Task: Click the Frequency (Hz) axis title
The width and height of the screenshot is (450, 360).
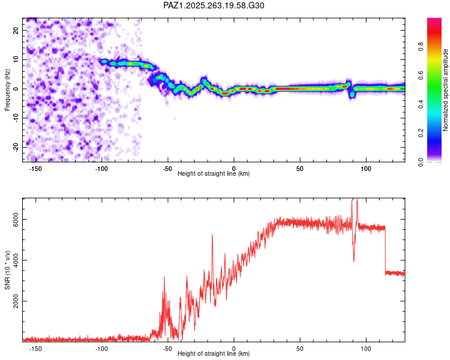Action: click(x=7, y=90)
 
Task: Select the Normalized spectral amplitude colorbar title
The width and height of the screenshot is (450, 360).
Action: click(x=446, y=90)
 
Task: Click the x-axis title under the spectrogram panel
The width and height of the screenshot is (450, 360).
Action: click(x=214, y=174)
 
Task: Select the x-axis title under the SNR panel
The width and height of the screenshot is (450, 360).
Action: click(x=214, y=354)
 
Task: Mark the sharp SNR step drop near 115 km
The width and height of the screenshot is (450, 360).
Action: click(x=385, y=249)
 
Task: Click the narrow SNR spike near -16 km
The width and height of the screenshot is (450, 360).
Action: click(x=212, y=236)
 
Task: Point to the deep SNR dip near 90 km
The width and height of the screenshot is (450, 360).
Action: click(x=353, y=260)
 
